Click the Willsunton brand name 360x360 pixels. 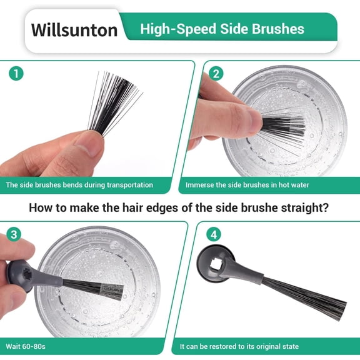tap(74, 30)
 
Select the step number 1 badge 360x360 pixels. tap(16, 74)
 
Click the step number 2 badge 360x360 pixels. tap(216, 74)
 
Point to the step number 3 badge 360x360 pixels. tap(14, 234)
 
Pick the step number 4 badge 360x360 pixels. tap(214, 234)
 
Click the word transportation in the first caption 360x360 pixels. tap(130, 185)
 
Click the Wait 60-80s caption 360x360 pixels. tap(26, 346)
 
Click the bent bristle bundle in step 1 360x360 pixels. tap(115, 103)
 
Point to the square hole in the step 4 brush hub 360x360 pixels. tap(217, 264)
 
